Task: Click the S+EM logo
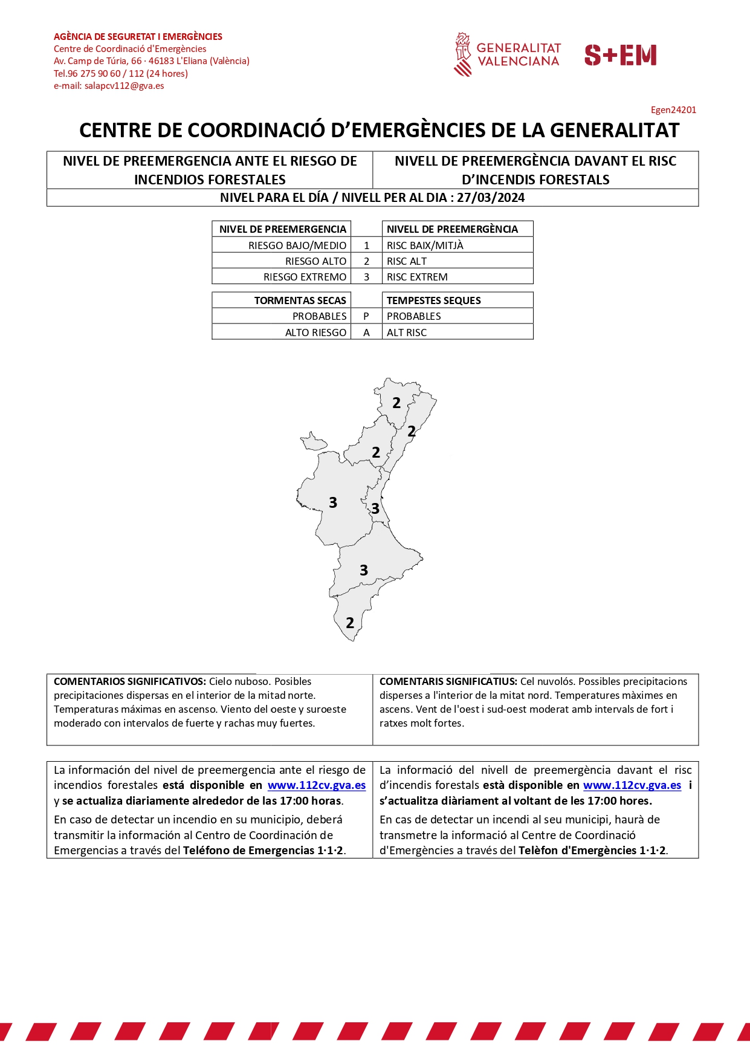pos(620,55)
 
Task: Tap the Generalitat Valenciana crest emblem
pos(462,54)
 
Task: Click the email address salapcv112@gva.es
pos(124,86)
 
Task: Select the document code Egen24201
pos(673,110)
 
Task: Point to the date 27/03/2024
pos(491,198)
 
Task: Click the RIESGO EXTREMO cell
pos(305,277)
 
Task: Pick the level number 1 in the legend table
pos(366,245)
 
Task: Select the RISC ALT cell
pos(407,261)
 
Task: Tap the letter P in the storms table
pos(366,316)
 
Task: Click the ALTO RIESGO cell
pos(315,333)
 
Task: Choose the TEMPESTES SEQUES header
pos(433,300)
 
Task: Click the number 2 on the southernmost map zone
pos(350,623)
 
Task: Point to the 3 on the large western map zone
pos(333,502)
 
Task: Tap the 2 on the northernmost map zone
pos(396,403)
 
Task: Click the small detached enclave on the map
pos(313,442)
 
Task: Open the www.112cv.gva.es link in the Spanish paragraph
pos(317,785)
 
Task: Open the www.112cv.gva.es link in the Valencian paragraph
pos(632,785)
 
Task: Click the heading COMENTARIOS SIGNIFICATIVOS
pos(130,681)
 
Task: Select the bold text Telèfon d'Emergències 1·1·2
pos(592,851)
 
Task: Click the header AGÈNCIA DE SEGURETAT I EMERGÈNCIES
pos(138,37)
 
